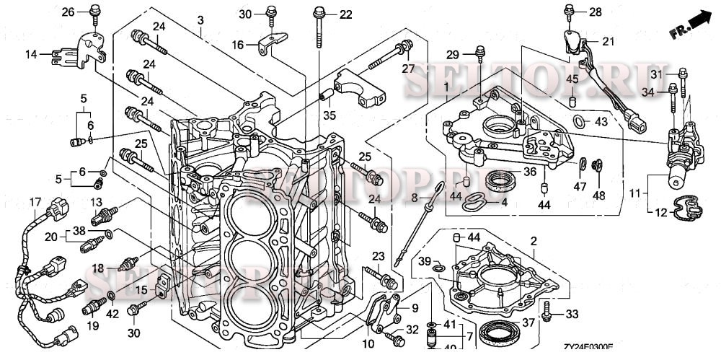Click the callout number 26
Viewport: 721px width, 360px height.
click(68, 12)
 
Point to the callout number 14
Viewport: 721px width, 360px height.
click(31, 54)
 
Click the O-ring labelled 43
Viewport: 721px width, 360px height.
click(579, 120)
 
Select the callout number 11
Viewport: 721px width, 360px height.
click(634, 193)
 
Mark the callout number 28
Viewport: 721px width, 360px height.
click(595, 12)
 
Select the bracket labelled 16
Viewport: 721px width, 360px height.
click(270, 43)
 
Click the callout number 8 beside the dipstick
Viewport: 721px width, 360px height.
click(414, 197)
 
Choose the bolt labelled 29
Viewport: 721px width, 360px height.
click(477, 53)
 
